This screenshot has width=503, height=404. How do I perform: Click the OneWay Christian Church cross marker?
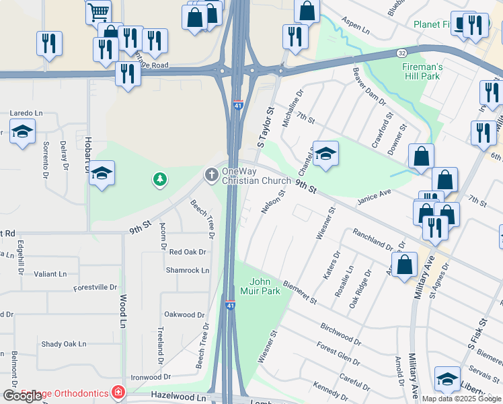tap(211, 176)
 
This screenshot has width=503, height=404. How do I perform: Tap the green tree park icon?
tap(160, 179)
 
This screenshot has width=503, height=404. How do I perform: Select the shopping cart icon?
tap(98, 11)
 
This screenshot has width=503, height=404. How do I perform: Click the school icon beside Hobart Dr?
tap(102, 174)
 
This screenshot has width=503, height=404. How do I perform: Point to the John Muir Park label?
tap(264, 286)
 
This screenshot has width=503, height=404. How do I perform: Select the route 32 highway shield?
tap(401, 53)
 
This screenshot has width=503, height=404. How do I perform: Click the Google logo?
tap(22, 396)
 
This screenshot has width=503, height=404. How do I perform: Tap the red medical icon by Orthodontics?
tap(118, 392)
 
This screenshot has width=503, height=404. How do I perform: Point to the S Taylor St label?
tap(266, 127)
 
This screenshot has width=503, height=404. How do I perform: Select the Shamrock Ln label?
tap(188, 270)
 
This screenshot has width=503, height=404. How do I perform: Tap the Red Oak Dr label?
tap(187, 252)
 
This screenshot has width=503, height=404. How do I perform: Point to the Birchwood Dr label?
tap(340, 333)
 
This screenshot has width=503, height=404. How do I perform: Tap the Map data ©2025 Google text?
tap(461, 399)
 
